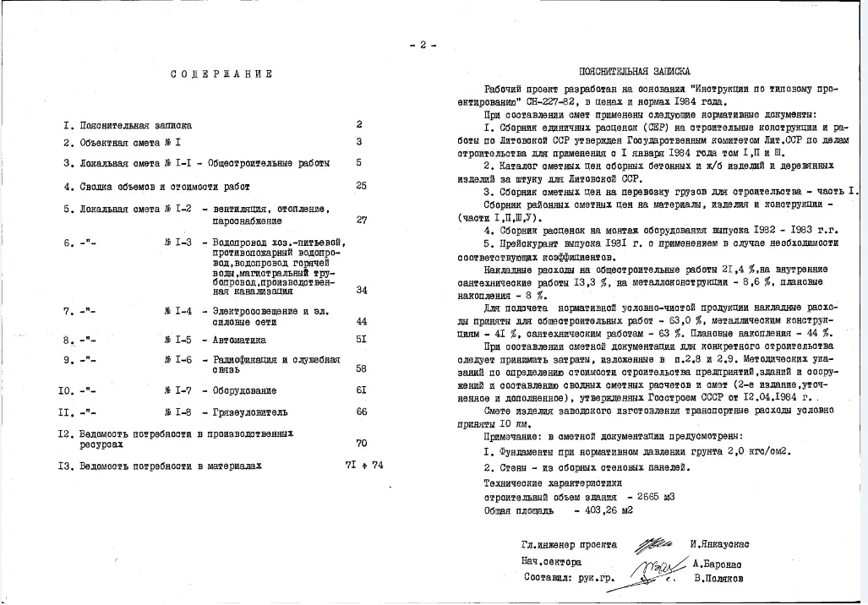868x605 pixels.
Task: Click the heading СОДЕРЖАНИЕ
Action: pos(221,74)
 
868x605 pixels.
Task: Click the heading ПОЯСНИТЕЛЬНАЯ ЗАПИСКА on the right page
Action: pos(634,73)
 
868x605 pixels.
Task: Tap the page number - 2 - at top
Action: pos(422,45)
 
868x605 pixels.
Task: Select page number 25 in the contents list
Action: pos(361,185)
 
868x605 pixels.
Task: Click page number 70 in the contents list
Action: pos(361,443)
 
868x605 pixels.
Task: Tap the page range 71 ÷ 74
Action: pos(364,465)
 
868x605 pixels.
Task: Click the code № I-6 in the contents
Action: pos(177,360)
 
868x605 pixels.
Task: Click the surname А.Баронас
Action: pos(718,562)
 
